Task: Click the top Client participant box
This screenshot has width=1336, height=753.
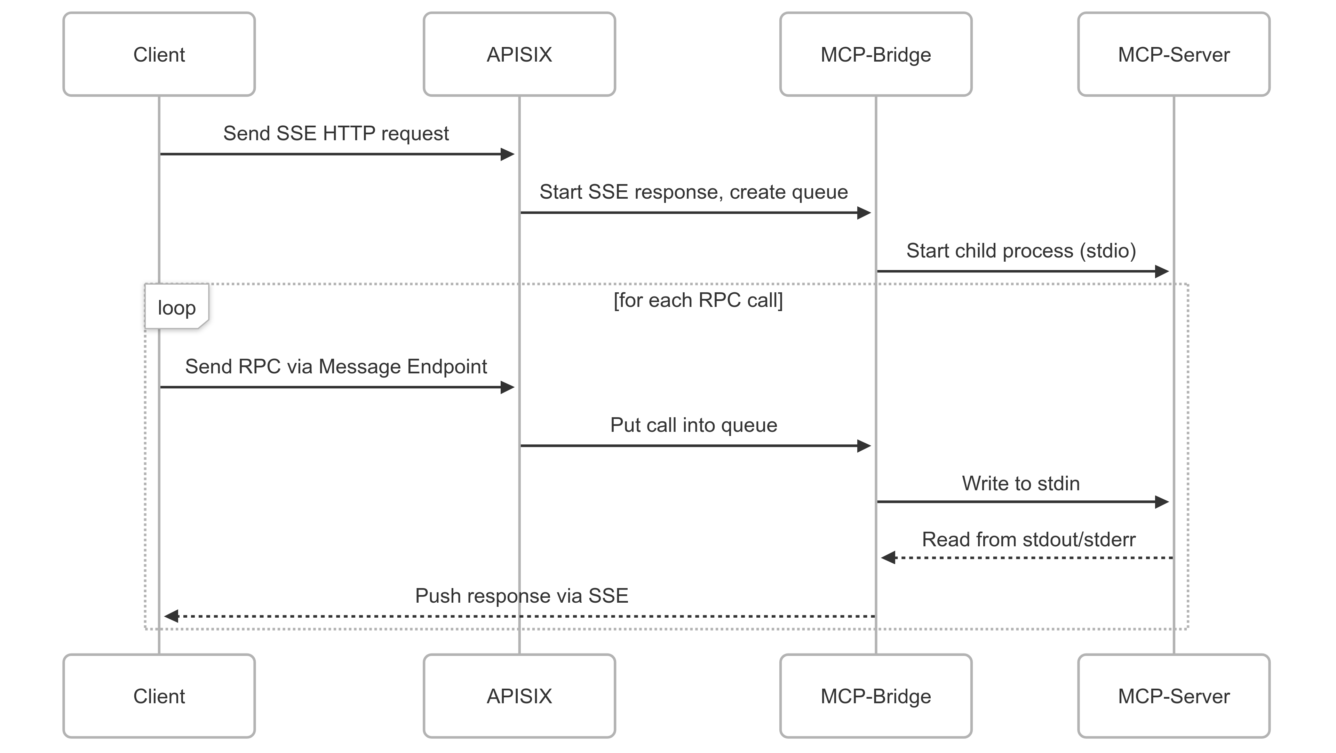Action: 159,54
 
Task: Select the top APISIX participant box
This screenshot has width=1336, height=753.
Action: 519,54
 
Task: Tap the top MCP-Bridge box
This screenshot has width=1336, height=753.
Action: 875,54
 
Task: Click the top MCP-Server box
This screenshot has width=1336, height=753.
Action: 1173,54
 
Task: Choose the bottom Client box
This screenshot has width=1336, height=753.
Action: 159,696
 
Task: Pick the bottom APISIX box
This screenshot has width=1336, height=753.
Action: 519,696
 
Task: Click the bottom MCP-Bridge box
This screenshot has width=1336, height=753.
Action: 875,696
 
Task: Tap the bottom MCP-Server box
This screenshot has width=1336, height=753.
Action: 1173,696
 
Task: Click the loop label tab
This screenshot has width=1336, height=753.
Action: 176,307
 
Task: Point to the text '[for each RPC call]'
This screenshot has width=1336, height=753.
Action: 698,300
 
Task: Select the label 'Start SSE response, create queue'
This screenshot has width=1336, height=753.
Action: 693,192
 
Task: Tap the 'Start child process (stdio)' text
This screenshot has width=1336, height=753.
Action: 1021,251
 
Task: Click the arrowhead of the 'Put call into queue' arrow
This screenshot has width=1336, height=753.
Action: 864,445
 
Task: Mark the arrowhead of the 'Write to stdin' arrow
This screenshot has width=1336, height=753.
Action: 1162,501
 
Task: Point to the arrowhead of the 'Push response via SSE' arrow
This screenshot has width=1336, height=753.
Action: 172,616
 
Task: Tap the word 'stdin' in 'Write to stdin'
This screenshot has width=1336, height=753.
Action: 1058,483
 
